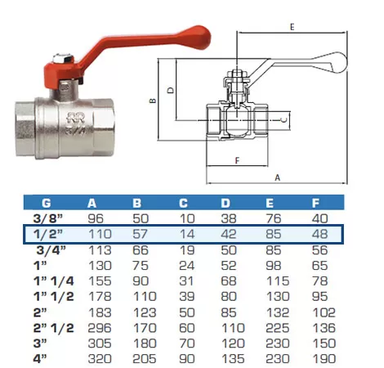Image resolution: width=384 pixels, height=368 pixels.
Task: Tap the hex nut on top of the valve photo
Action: (63, 58)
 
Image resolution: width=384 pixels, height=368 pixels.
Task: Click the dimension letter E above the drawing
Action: (292, 27)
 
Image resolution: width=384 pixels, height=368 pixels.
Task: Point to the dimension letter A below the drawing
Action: (277, 177)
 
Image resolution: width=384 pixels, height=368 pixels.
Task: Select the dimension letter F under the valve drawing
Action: (237, 160)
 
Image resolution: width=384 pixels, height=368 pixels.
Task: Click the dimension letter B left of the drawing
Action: (153, 101)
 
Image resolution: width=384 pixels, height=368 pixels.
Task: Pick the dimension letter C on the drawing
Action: (284, 120)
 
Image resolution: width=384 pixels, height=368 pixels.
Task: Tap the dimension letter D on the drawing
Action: (171, 90)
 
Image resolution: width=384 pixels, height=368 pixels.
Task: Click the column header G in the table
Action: (47, 203)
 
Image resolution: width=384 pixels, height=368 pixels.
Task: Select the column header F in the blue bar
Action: (315, 203)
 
